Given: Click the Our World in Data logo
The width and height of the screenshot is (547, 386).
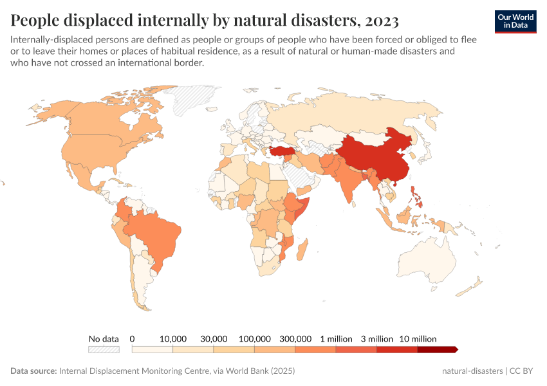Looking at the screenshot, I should click(x=515, y=21).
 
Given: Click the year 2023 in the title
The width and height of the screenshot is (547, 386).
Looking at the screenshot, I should click(x=381, y=21).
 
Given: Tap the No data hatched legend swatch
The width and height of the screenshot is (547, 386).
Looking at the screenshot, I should click(x=104, y=350).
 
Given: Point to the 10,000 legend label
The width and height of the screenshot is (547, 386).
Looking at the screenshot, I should click(x=172, y=338).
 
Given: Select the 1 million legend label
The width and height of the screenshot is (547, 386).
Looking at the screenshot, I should click(x=336, y=338).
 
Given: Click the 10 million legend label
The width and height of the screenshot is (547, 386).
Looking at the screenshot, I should click(x=418, y=338).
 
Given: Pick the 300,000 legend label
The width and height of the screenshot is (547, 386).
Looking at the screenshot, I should click(x=295, y=338).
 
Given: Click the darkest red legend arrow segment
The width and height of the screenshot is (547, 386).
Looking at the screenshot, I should click(x=437, y=350).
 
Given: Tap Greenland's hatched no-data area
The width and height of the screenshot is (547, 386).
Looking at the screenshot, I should click(x=193, y=100).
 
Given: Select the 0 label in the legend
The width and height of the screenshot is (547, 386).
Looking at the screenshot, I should click(x=132, y=338).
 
